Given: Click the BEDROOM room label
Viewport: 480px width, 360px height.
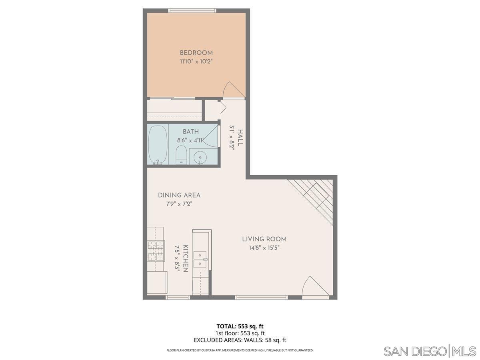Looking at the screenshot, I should (196, 53).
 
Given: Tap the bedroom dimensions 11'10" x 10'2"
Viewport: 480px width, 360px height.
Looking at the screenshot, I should (196, 62).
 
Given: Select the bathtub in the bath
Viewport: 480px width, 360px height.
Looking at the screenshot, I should (158, 144).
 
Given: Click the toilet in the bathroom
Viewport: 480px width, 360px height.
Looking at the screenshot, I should (181, 155).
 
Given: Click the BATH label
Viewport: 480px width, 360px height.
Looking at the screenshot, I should (190, 132).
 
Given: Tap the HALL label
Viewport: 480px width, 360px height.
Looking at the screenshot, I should (240, 138).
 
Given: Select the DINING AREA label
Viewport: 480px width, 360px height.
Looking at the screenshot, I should (179, 195).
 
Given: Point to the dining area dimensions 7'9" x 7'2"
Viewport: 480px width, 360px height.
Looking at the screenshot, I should (179, 204).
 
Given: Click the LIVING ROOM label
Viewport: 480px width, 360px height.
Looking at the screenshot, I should (264, 239).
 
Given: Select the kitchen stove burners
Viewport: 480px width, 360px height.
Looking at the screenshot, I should (156, 250).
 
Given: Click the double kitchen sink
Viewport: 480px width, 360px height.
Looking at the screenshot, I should (200, 260).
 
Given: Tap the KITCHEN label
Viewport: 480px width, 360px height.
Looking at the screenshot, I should (186, 258).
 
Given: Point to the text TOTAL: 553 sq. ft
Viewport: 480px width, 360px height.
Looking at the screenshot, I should (240, 326).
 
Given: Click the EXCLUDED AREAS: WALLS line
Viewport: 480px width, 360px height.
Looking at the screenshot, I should (240, 340).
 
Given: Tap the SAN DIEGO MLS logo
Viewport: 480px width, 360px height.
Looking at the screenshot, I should (430, 351).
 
